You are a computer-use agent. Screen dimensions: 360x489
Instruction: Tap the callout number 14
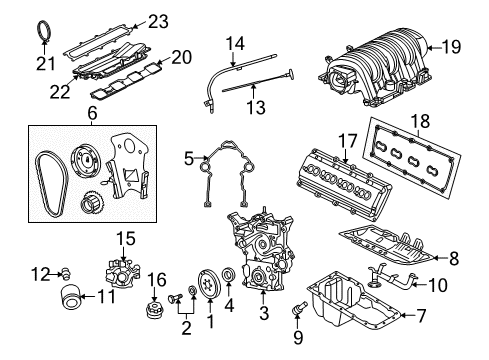tap(234, 43)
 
